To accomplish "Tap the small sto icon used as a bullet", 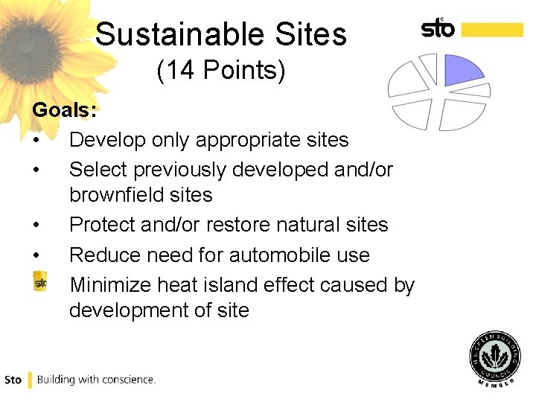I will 40,283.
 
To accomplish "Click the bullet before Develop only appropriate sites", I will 36,140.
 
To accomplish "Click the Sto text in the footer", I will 13,380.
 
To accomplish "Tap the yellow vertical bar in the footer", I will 30,380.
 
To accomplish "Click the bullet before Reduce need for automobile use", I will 36,255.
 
